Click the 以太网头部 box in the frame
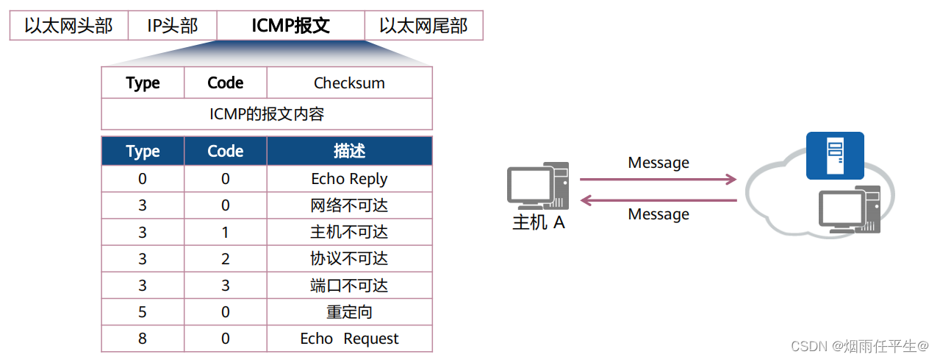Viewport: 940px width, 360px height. coord(68,26)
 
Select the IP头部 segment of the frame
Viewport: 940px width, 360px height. coord(173,26)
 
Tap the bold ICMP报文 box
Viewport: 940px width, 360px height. coord(291,26)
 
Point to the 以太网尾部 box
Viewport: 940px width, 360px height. coord(423,26)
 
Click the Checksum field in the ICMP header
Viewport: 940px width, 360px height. coord(349,83)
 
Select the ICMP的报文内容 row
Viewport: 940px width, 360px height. coord(267,114)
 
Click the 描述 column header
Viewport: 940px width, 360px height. coord(349,151)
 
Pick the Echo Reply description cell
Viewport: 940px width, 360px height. coord(349,179)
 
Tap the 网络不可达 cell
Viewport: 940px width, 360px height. coord(349,205)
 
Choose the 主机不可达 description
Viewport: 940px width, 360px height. coord(349,232)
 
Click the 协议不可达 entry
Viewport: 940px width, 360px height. coord(349,258)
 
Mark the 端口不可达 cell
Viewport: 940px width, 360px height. coord(349,286)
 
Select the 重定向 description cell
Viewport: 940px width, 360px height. coord(349,312)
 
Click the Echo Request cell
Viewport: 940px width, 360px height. coord(349,339)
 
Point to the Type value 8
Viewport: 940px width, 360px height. coord(143,339)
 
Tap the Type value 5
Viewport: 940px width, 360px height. coord(143,312)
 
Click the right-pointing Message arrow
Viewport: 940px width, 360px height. coord(658,179)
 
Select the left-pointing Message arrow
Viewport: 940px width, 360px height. coord(658,200)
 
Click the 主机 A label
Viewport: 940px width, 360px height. coord(538,222)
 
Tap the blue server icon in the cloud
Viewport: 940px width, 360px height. coord(835,155)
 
